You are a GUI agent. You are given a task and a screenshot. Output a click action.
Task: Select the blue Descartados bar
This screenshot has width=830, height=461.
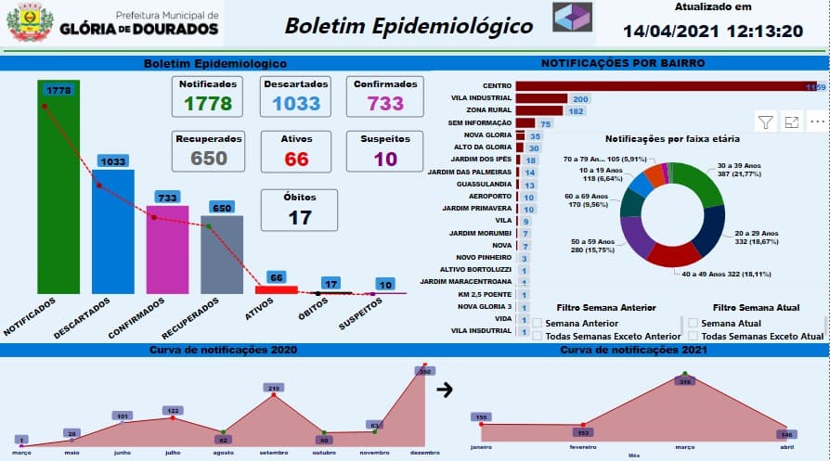(x=112, y=232)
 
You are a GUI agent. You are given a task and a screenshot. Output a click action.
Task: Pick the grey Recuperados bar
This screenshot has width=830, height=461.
(x=222, y=254)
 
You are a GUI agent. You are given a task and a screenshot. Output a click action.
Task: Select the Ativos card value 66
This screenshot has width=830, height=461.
(x=296, y=159)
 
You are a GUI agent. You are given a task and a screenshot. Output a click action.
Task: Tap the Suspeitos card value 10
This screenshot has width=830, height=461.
(x=385, y=159)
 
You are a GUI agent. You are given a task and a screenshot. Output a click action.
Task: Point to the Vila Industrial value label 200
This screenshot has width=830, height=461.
(x=581, y=99)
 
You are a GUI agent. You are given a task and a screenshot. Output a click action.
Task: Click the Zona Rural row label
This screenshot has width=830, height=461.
(x=488, y=111)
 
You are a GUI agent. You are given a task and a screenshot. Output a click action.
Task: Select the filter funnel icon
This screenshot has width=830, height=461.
(x=766, y=122)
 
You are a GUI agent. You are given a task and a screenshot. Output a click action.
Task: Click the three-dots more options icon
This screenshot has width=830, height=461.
(x=817, y=122)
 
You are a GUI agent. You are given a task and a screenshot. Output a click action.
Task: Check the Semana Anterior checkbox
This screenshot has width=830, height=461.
(x=537, y=323)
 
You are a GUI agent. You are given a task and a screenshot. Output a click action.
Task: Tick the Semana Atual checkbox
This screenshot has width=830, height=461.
(x=693, y=323)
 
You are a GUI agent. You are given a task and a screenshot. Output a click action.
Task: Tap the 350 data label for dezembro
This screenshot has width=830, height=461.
(x=425, y=371)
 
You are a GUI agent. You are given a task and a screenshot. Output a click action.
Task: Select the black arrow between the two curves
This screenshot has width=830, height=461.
(x=445, y=391)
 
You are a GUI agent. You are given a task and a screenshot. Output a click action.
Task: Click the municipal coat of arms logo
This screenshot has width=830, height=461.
(x=30, y=23)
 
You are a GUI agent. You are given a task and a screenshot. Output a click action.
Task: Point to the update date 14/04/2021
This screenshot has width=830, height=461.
(x=671, y=31)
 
